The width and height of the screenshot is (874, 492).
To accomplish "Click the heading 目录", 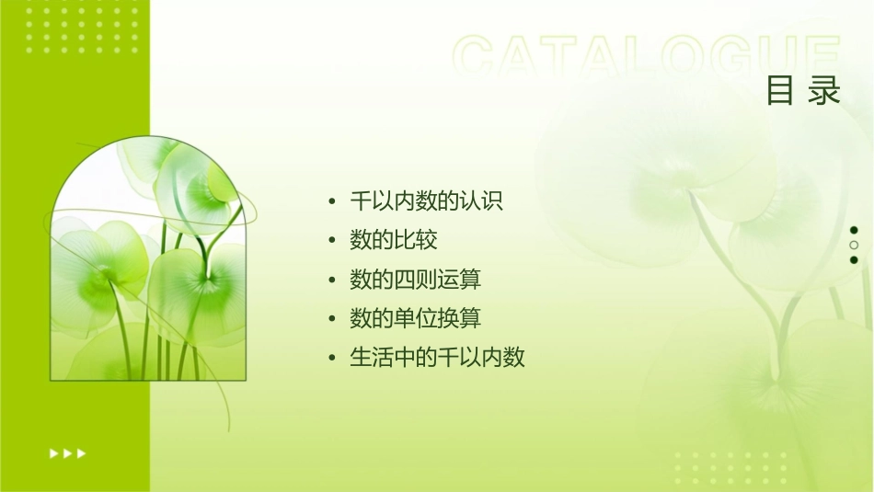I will (803, 91).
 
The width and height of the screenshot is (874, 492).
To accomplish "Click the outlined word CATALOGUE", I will (647, 57).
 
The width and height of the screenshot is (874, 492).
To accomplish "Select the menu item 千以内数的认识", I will (427, 200).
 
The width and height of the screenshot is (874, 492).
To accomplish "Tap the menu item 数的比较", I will (394, 240).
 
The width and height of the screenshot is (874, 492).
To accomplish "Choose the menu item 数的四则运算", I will (416, 280).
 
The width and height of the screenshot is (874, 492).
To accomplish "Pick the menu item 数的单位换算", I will (416, 318).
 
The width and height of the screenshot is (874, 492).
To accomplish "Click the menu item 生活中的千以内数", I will (438, 358).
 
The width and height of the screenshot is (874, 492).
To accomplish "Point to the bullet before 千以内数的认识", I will (332, 201).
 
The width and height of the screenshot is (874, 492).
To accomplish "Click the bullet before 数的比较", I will (332, 241).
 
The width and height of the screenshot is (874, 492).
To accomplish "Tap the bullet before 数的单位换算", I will (332, 319).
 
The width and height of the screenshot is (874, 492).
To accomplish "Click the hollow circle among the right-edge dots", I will (854, 246).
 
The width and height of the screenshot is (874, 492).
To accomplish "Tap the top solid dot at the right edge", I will (854, 230).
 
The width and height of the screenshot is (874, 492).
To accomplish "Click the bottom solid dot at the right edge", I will (854, 260).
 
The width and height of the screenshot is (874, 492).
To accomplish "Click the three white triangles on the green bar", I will (68, 452).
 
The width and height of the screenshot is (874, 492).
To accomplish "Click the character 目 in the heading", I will (781, 91).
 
